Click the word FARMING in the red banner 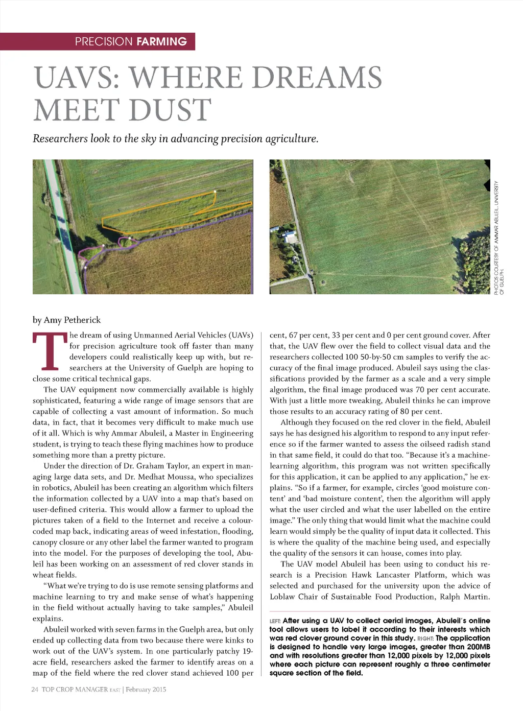161,42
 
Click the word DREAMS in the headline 317,78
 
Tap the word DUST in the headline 170,110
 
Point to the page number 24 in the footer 35,690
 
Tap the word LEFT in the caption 275,621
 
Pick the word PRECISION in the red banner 104,42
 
